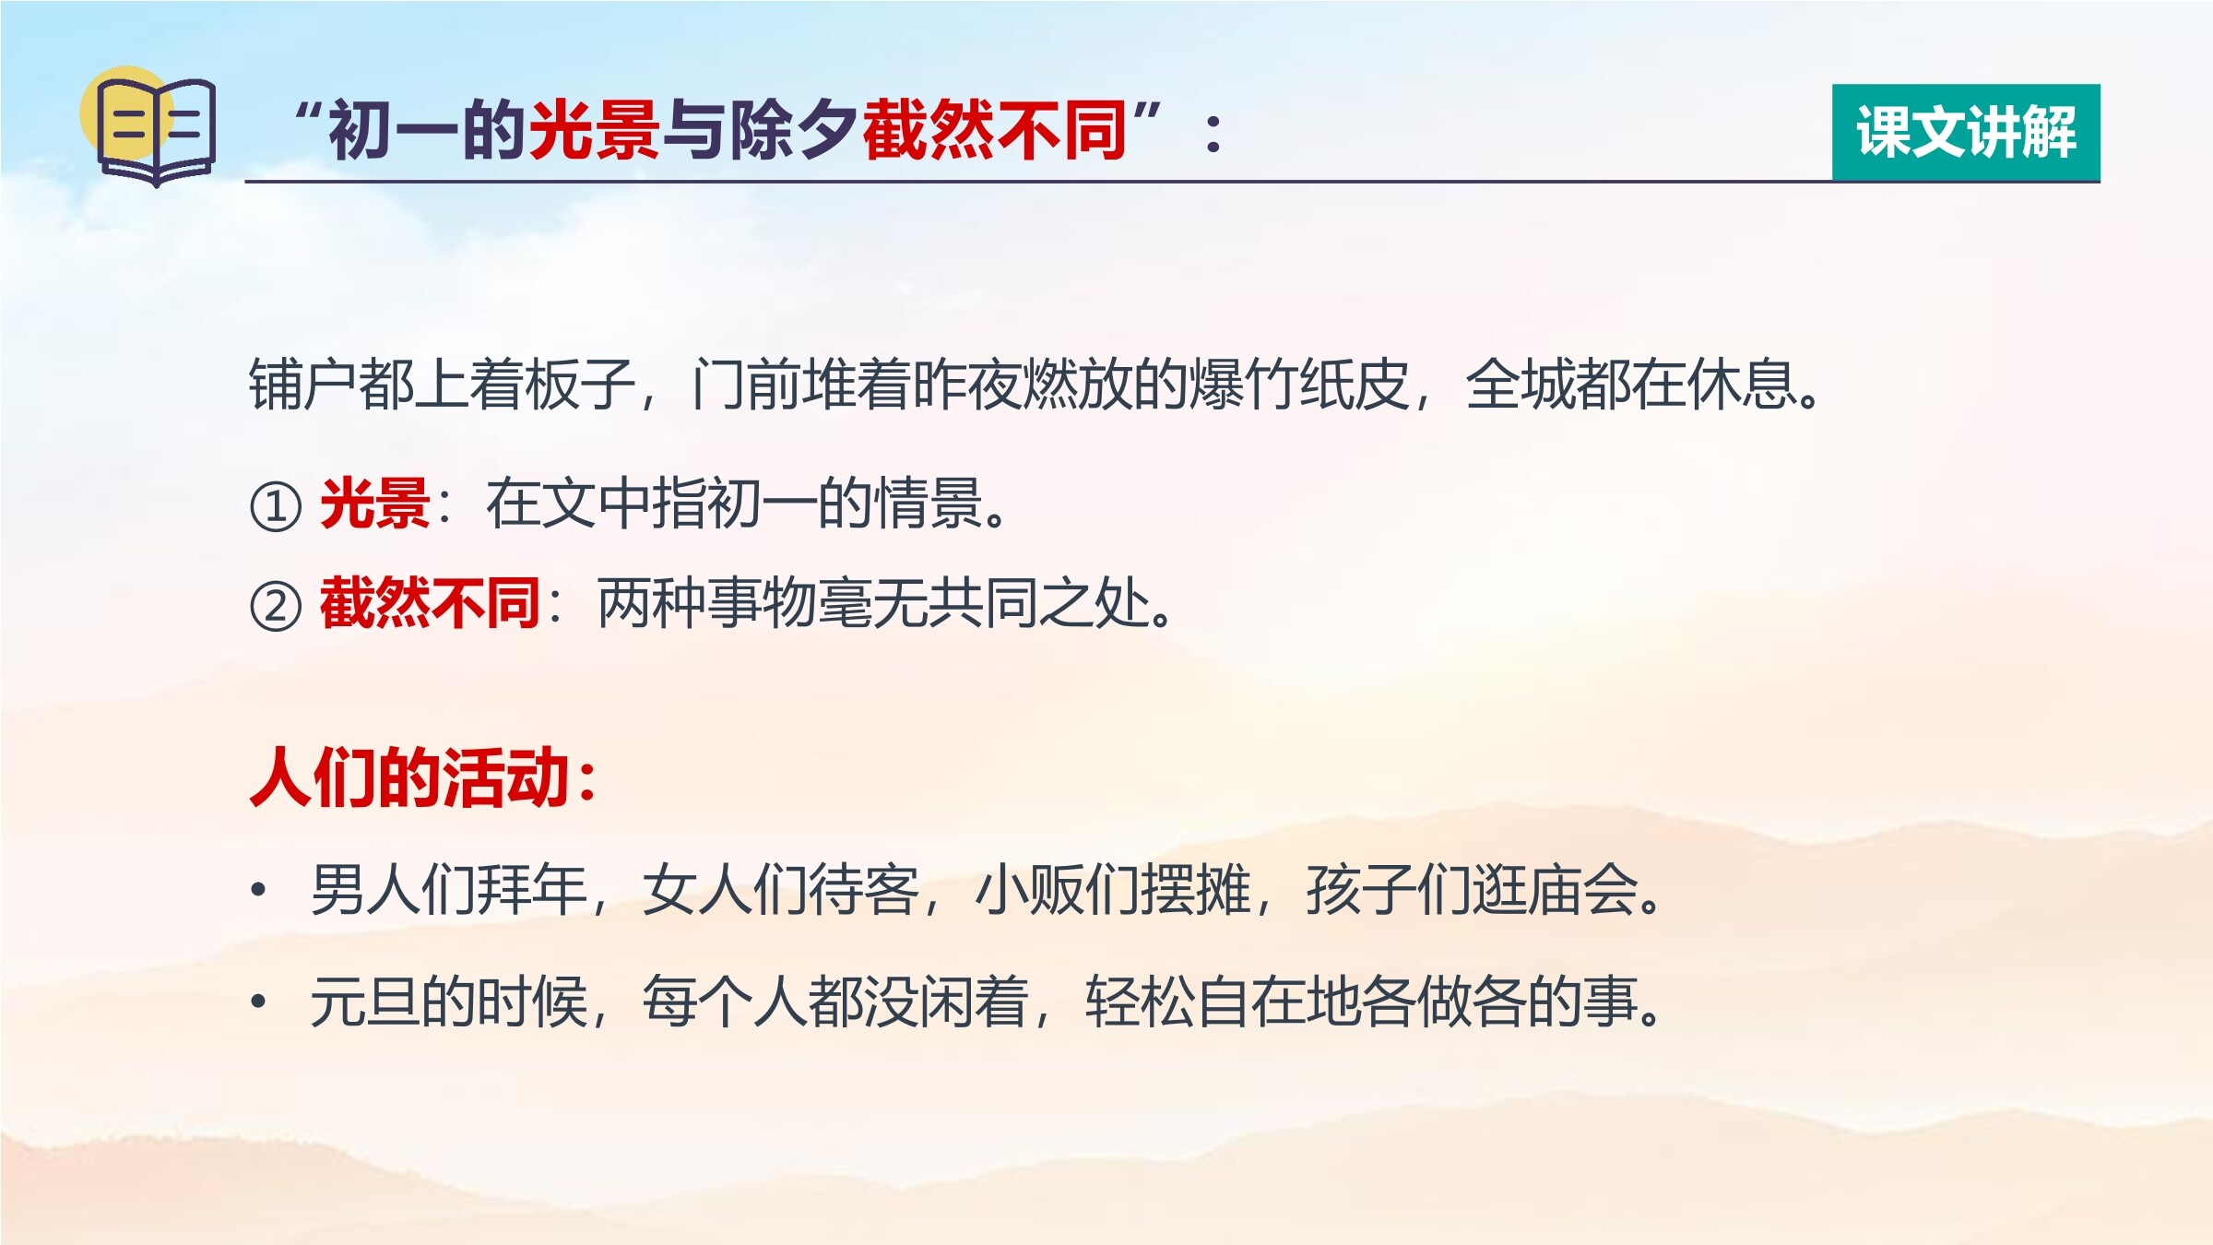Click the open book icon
(157, 132)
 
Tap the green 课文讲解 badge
(1966, 132)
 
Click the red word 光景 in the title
(594, 130)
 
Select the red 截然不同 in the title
(994, 130)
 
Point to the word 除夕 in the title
(793, 130)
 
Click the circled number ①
(276, 506)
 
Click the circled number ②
(276, 606)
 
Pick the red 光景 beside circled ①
(375, 504)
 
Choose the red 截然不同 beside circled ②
(430, 603)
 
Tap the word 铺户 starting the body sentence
(303, 384)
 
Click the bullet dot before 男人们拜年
(259, 890)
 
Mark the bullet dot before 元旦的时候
(259, 1001)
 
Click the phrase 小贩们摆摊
(1112, 890)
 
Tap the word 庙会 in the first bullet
(1582, 890)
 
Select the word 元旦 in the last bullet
(365, 1001)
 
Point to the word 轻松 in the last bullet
(1140, 1001)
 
